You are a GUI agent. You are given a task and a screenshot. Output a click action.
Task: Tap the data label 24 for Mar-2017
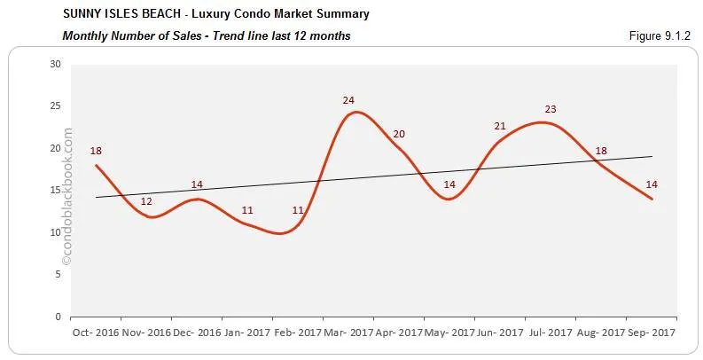tap(348, 100)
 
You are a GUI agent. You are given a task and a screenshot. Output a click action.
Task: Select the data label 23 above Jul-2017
tap(551, 109)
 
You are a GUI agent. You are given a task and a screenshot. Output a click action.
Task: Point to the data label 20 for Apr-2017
tap(399, 134)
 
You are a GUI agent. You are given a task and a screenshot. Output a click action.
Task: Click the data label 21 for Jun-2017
tap(500, 126)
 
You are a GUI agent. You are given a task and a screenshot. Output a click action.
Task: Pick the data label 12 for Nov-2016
tap(146, 201)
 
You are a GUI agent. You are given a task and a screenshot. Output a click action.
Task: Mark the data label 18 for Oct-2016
tap(96, 151)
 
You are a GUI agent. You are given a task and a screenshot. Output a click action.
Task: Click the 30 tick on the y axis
tap(55, 64)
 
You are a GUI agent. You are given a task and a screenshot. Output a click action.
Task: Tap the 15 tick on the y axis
tap(55, 190)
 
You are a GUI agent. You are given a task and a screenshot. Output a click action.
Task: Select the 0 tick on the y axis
tap(58, 317)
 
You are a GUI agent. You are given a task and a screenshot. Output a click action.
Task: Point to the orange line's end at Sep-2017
tap(652, 199)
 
